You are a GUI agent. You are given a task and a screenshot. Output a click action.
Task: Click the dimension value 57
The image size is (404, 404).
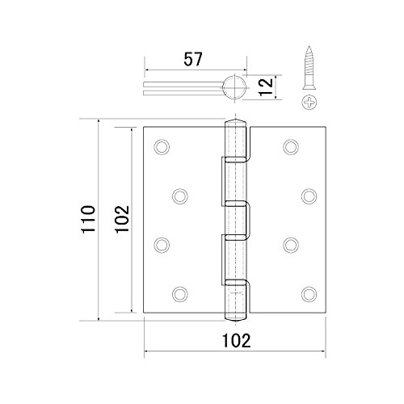coord(193,59)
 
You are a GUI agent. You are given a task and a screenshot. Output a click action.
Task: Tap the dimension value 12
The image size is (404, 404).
coord(266,86)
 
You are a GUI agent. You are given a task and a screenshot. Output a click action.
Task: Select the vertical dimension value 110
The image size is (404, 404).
coord(88,219)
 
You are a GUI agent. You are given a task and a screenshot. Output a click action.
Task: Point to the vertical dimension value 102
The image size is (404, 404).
coord(122,219)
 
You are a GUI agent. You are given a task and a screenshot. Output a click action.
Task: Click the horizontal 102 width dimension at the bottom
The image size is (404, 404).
coord(237,340)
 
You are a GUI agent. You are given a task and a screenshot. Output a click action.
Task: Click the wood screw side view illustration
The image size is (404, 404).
coord(309,67)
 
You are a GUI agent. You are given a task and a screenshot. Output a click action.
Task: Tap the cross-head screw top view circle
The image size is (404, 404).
coord(309,103)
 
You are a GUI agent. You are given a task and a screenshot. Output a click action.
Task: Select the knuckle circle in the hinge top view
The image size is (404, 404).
coord(234,86)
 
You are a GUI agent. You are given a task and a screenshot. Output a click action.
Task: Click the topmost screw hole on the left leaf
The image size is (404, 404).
coord(162,147)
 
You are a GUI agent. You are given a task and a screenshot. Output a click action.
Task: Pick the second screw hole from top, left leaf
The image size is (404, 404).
coord(180,196)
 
